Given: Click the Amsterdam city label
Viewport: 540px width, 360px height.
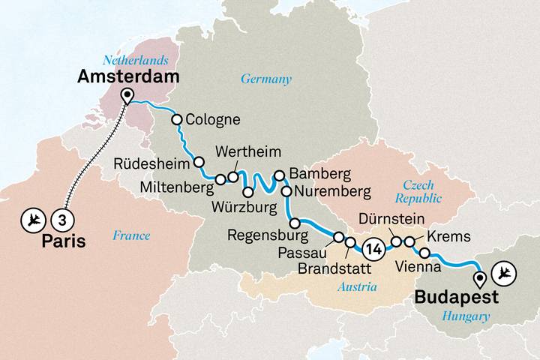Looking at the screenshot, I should click(130, 77).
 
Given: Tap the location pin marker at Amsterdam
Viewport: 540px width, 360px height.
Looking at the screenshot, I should click(127, 96).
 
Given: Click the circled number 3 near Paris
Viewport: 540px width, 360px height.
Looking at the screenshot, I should click(63, 219).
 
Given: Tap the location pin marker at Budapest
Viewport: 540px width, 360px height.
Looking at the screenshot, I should click(478, 280).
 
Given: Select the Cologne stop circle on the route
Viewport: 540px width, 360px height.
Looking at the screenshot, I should click(177, 119).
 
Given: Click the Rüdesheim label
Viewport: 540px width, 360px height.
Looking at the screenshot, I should click(154, 163).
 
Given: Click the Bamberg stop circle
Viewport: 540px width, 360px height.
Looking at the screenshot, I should click(279, 175).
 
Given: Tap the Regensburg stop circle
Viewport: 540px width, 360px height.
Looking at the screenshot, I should click(295, 223).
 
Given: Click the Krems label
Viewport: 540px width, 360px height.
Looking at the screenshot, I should click(448, 236).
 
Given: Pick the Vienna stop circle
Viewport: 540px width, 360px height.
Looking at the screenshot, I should click(424, 253).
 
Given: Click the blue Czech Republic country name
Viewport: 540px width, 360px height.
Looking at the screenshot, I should click(418, 190).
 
